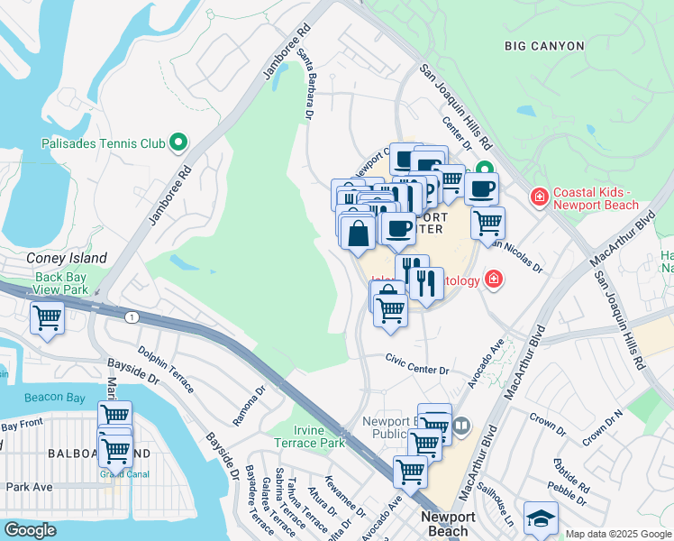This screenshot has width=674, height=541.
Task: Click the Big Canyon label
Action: coord(544,45)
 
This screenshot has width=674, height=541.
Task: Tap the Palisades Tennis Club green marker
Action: coord(178,142)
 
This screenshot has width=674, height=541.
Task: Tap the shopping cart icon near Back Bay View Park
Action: coord(47,317)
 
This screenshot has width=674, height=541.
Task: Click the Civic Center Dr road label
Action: coord(419,370)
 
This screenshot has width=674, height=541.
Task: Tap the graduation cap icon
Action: coord(541,518)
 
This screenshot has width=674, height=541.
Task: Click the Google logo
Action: coord(30,530)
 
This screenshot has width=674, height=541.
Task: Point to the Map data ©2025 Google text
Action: coord(618,534)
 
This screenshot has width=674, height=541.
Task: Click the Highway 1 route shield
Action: coord(132,316)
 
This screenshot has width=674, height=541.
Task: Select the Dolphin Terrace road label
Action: coord(166,370)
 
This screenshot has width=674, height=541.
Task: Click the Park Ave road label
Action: coord(29,487)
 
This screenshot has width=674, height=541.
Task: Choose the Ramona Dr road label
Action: coord(249,407)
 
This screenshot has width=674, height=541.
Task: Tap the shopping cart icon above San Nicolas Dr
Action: coord(487,222)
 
